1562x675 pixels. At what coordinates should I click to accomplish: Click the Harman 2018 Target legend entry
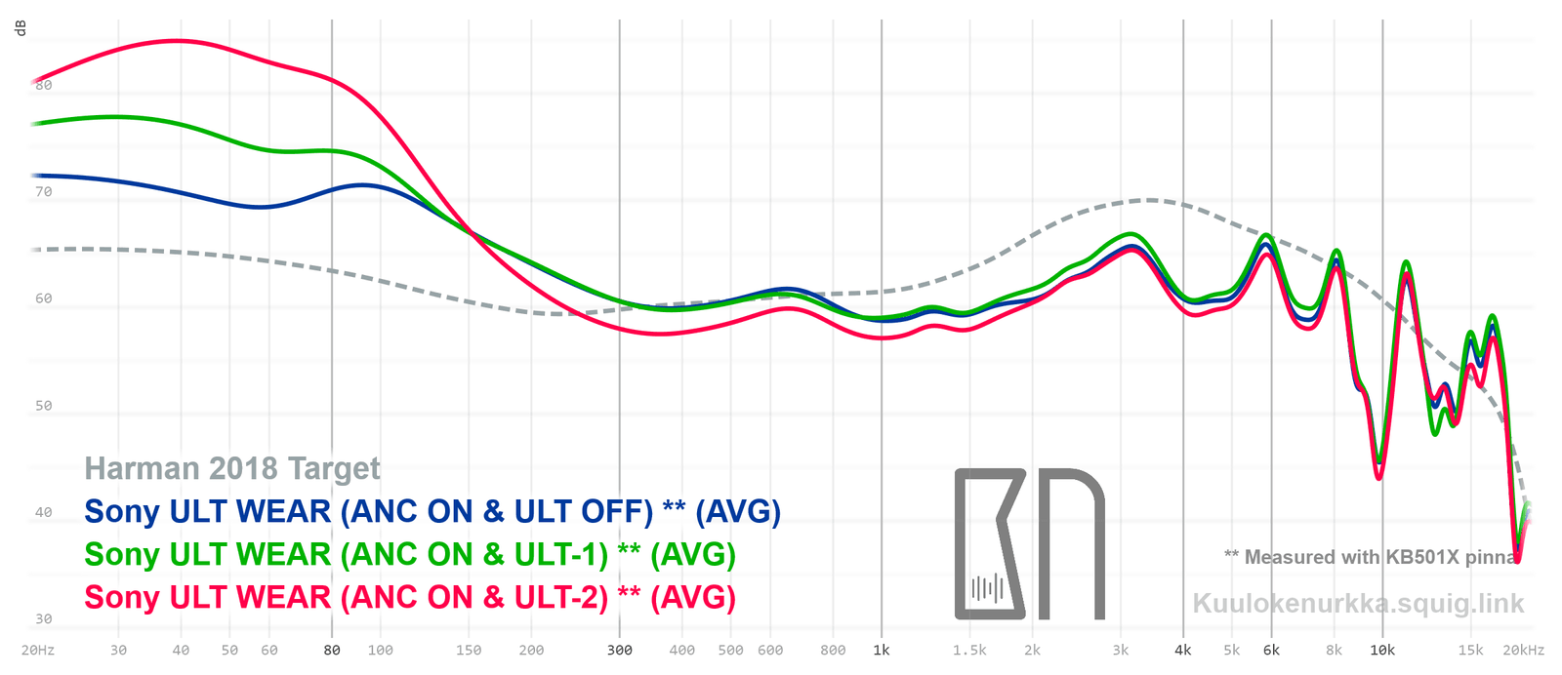232,469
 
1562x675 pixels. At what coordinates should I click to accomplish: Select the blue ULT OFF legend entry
432,512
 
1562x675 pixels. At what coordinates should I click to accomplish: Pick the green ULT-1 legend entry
410,555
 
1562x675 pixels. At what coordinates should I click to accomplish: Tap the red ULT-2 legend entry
410,598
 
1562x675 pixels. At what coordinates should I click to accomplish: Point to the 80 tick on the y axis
44,85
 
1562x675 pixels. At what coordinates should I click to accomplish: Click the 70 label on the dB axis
44,192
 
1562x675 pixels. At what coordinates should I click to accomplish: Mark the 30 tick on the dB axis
44,619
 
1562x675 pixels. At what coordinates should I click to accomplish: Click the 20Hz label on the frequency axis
37,651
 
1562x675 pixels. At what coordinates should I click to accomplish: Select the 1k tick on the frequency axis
882,651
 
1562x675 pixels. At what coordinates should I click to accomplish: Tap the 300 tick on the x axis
619,651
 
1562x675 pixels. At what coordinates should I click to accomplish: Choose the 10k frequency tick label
1381,651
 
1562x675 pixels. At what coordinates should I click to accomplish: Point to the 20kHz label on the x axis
1523,651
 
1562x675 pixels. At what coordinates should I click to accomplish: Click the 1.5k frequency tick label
969,651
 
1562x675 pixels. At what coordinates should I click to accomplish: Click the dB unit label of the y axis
21,28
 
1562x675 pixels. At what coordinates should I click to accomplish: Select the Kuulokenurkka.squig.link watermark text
1358,604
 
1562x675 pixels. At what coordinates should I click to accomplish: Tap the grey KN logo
1029,544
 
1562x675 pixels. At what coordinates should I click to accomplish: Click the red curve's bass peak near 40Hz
177,41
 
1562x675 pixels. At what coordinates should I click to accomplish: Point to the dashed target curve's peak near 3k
1150,200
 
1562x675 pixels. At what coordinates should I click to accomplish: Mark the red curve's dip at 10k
1379,477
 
